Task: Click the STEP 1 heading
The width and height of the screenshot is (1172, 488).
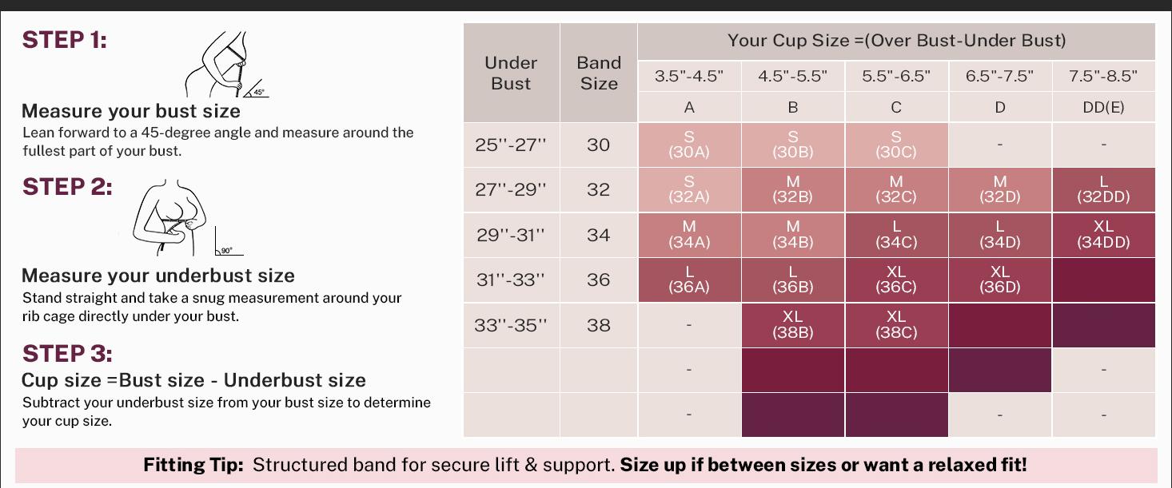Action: [x=64, y=40]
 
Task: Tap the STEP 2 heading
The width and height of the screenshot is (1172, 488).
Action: [x=67, y=187]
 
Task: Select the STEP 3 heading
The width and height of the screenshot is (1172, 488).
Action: [x=67, y=354]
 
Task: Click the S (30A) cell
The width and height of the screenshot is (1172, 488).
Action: [x=689, y=145]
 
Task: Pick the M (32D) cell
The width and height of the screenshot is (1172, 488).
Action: [x=999, y=189]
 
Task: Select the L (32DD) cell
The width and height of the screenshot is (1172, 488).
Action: [x=1103, y=189]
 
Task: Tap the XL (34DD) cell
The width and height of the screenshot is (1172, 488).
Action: [x=1103, y=235]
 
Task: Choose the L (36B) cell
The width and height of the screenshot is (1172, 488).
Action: [x=792, y=280]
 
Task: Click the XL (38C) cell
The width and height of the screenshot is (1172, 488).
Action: [x=896, y=325]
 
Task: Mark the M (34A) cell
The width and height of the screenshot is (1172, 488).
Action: [x=689, y=235]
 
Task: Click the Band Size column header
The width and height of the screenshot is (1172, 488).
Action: [x=599, y=73]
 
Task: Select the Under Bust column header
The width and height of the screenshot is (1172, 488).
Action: [x=511, y=73]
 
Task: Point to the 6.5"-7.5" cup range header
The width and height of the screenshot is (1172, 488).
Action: [x=999, y=77]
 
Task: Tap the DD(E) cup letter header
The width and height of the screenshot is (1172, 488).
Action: [x=1103, y=107]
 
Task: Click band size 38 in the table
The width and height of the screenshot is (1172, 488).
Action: [x=599, y=325]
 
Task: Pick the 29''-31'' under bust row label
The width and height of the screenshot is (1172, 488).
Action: [x=511, y=235]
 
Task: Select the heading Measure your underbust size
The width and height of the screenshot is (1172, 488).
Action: [x=158, y=276]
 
